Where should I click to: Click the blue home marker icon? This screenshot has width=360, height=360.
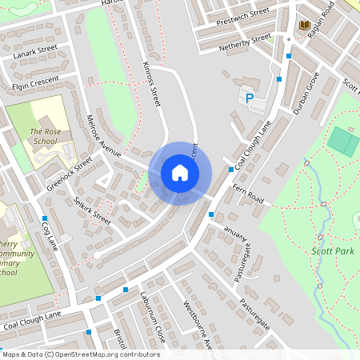click(180, 173)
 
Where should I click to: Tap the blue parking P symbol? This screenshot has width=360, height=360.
click(249, 98)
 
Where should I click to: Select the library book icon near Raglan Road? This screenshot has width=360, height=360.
click(304, 26)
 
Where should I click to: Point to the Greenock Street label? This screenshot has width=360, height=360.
click(69, 172)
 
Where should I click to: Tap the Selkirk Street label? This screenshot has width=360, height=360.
click(91, 210)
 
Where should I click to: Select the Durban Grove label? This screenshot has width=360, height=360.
click(306, 92)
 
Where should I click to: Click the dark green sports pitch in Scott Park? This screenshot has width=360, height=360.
click(344, 142)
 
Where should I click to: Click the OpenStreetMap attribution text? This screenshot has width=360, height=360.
click(81, 354)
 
